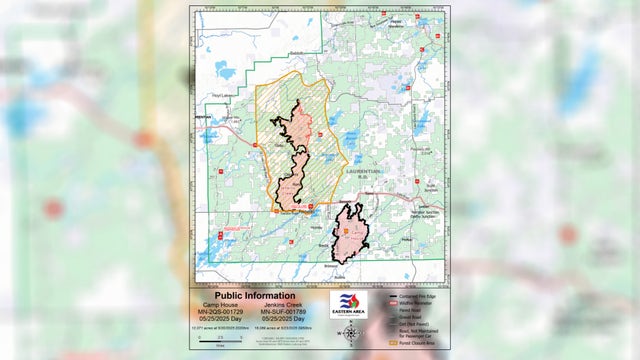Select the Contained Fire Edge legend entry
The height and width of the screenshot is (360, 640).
403,297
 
